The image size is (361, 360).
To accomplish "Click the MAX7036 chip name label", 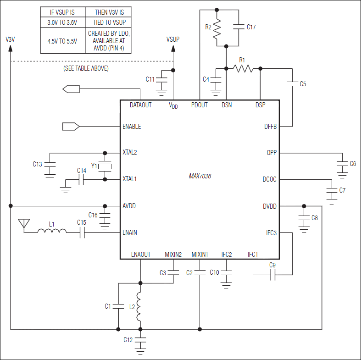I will [x=200, y=176].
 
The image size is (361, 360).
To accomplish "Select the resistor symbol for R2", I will [x=217, y=28].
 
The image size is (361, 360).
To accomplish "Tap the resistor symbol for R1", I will [x=243, y=68].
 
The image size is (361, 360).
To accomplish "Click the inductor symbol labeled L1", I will [x=52, y=233].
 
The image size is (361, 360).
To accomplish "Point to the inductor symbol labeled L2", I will [x=140, y=306].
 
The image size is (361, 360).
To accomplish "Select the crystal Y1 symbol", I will [x=105, y=166].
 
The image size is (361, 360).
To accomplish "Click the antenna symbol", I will [x=22, y=223].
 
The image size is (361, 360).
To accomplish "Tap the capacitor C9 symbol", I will [x=272, y=275].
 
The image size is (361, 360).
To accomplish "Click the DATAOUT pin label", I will [x=140, y=105].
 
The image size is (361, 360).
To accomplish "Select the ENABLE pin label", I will [x=132, y=127].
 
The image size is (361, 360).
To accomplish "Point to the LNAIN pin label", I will [x=130, y=233].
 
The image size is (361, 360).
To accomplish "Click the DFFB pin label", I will [x=270, y=127].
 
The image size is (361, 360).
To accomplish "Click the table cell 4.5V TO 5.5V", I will [x=62, y=41].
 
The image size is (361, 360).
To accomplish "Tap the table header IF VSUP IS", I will [x=62, y=12].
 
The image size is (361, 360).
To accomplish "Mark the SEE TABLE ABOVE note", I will [x=86, y=68].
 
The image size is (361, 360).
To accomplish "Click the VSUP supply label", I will [x=173, y=39].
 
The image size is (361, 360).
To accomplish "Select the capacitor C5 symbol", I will [x=292, y=84].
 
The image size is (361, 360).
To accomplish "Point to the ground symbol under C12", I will [x=140, y=351].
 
